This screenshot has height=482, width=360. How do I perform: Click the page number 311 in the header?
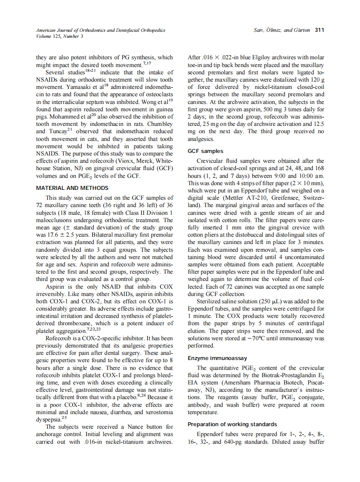[319, 30]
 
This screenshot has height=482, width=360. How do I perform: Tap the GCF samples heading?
[206, 151]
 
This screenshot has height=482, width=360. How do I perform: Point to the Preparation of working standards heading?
[230, 424]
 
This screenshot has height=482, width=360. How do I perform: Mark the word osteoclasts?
[158, 94]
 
